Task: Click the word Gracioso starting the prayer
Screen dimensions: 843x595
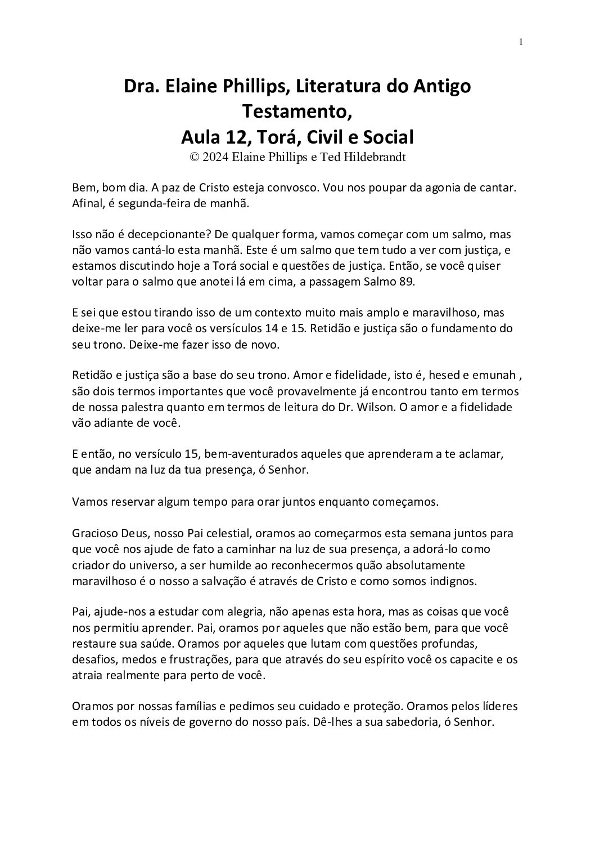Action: pyautogui.click(x=92, y=533)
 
